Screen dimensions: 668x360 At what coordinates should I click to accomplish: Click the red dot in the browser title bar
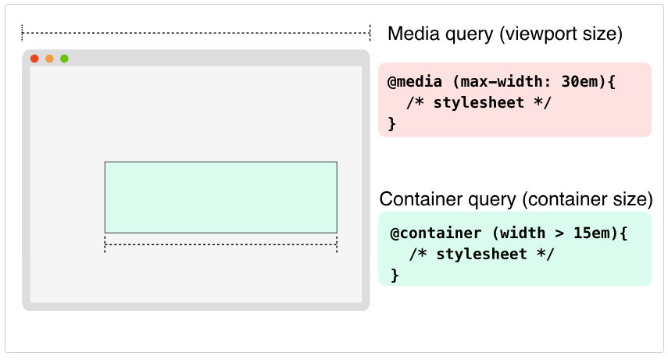click(34, 59)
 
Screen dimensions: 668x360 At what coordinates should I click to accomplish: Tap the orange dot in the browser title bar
click(49, 59)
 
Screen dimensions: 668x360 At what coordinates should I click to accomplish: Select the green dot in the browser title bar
click(64, 59)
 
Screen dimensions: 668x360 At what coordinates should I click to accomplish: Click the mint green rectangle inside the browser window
click(220, 198)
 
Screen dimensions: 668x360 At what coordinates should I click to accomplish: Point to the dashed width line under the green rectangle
click(220, 244)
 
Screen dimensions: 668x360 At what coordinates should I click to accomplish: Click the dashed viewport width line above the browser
click(196, 33)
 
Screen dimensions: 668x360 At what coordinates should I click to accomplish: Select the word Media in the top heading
click(413, 34)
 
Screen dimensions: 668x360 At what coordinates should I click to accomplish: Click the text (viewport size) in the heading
click(561, 34)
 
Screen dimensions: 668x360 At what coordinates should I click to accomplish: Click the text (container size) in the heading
click(588, 199)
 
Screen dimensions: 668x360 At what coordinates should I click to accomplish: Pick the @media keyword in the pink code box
click(415, 81)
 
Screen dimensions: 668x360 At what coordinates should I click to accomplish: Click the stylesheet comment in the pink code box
click(478, 102)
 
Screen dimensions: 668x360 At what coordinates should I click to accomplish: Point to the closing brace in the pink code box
click(392, 123)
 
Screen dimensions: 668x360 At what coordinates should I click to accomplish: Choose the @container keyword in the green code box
click(436, 233)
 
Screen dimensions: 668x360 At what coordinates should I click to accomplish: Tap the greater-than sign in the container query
click(559, 233)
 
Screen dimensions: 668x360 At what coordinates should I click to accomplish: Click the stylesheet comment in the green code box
click(481, 255)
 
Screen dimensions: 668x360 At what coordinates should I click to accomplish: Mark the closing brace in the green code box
click(395, 275)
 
